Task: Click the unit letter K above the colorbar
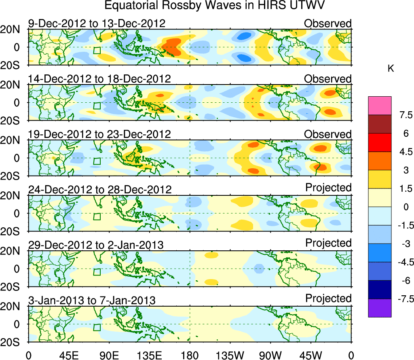pos(391,69)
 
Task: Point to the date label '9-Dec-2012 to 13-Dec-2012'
pos(97,23)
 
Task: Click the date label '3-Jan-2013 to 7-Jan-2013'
pos(92,301)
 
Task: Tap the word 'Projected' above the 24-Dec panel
pos(328,188)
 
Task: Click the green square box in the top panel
pos(97,50)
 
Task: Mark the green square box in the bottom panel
pos(97,328)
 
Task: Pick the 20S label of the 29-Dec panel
pos(13,287)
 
